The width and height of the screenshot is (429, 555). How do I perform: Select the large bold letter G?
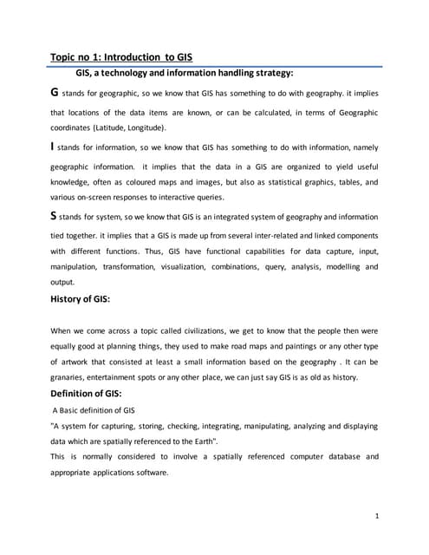coord(56,91)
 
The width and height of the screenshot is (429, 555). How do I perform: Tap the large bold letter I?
coord(54,147)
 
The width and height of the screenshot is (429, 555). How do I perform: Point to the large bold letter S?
coord(55,216)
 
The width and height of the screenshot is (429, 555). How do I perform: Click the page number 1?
coord(377,517)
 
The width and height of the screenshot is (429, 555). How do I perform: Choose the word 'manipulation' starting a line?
coord(75,266)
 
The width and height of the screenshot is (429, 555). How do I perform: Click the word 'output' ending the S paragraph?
coord(62,282)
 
